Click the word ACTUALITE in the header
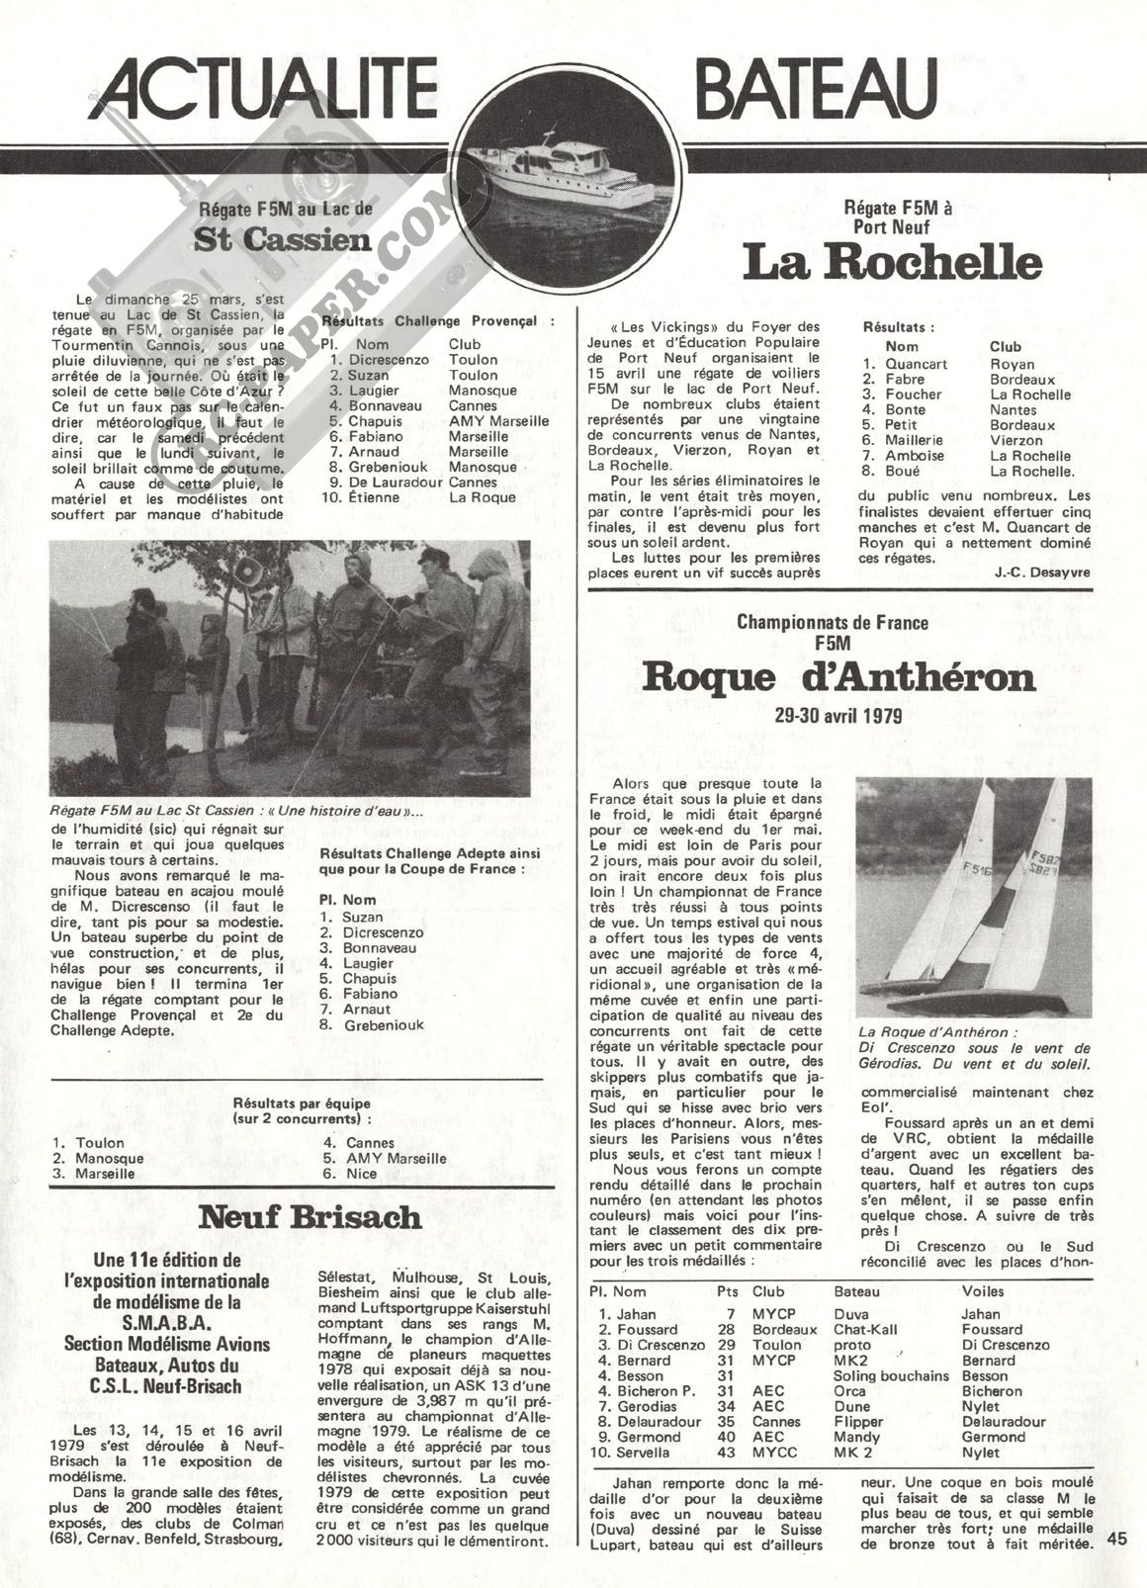point(269,87)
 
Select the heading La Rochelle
point(892,263)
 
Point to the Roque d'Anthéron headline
point(838,678)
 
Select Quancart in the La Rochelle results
point(917,364)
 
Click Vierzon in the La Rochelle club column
point(1015,440)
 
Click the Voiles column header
point(982,1290)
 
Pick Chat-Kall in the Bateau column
point(865,1330)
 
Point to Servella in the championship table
point(643,1453)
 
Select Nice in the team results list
point(362,1174)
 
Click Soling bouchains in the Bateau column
point(891,1375)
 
